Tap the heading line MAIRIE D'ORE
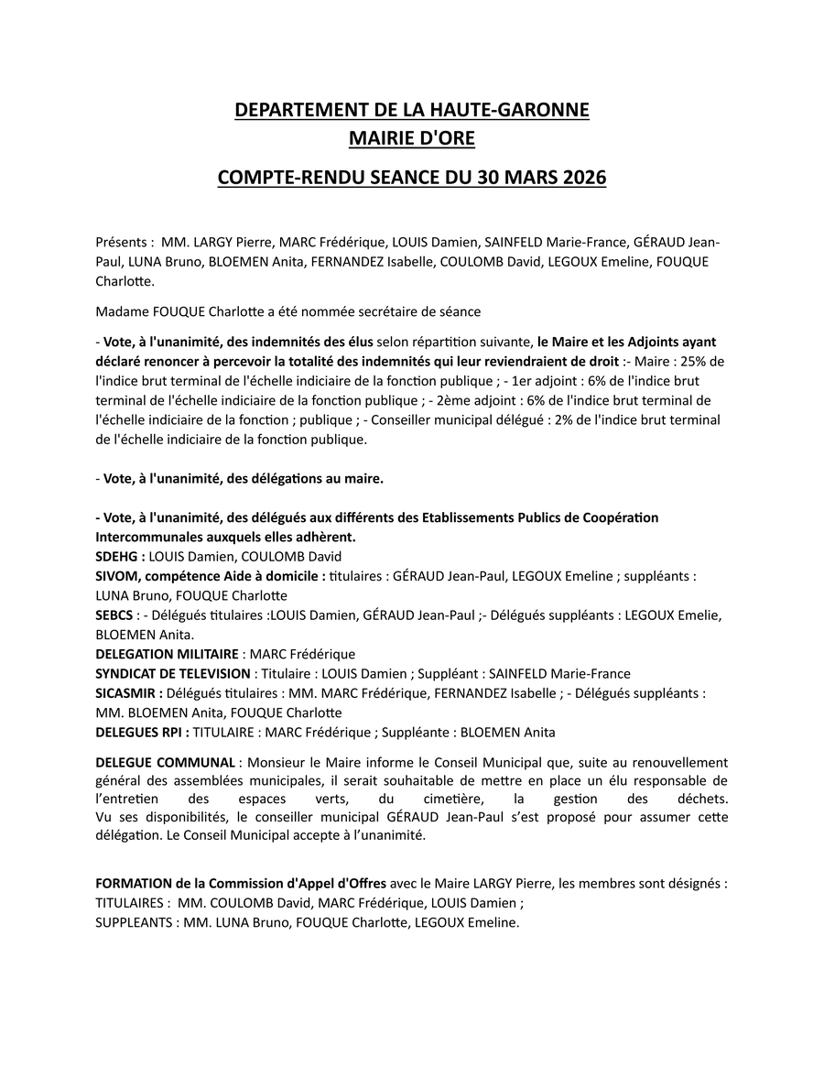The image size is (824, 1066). (x=412, y=138)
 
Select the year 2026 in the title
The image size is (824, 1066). (x=579, y=177)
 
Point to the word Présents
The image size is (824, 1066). (x=124, y=243)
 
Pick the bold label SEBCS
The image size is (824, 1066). (x=114, y=615)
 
